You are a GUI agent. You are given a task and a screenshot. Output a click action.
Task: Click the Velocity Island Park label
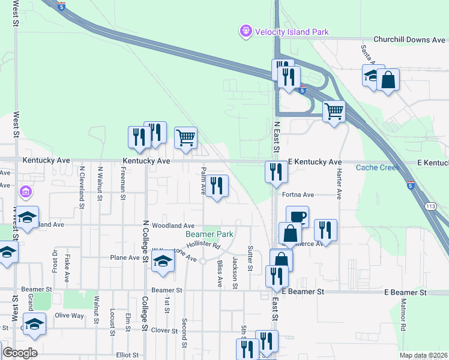tap(292, 32)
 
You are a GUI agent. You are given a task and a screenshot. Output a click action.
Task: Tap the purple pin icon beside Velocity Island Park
tap(245, 31)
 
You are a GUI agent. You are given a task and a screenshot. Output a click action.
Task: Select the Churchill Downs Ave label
tap(409, 40)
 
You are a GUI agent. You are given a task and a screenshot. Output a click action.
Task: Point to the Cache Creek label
tap(378, 167)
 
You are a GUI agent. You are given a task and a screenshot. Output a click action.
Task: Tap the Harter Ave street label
tap(339, 187)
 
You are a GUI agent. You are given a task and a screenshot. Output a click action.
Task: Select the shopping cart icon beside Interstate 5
tap(334, 111)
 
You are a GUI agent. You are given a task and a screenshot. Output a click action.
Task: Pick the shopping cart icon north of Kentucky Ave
tap(185, 137)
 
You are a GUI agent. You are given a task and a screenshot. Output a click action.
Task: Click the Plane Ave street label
tap(125, 257)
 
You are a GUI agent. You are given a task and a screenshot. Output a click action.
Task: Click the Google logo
tap(20, 353)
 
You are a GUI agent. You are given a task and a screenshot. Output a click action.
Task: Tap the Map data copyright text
tap(423, 355)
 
